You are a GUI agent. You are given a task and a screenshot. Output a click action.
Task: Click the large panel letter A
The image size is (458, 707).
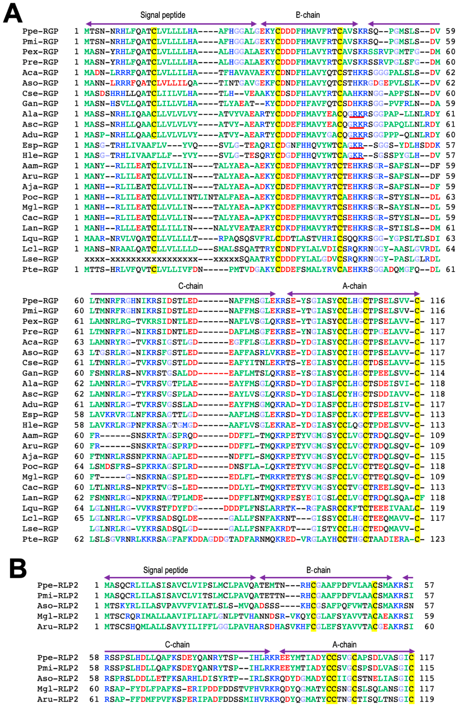point(13,14)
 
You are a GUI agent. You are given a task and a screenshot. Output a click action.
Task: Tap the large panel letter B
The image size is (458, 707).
point(18,568)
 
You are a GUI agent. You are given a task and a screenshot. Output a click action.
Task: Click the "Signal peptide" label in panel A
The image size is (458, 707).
point(163,15)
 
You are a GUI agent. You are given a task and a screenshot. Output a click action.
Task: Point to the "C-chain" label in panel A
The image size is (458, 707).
point(190,286)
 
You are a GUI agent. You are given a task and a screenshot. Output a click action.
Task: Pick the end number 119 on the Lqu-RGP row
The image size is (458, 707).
point(438,508)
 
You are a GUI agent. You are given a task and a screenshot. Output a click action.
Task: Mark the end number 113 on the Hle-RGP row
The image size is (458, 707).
point(438,425)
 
